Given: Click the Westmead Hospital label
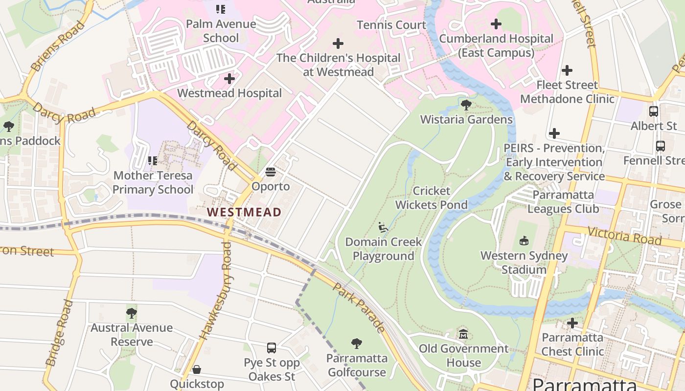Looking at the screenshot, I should tap(229, 93).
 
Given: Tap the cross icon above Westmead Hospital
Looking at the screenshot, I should tap(229, 78).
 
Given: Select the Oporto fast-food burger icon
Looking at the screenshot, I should tap(270, 172).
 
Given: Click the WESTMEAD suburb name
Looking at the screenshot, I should tap(244, 212).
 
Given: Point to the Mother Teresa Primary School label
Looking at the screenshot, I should tap(153, 182).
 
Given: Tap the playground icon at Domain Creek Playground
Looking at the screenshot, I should tap(383, 227).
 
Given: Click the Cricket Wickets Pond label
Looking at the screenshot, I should tap(432, 197).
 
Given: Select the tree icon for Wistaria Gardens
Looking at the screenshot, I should tap(466, 105).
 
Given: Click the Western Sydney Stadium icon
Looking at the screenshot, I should tap(524, 240).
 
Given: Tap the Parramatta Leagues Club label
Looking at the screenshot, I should tap(563, 202).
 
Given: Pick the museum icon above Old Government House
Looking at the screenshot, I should tap(463, 334).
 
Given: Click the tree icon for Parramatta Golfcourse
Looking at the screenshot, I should tap(357, 344).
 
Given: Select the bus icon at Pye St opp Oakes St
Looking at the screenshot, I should tap(272, 348).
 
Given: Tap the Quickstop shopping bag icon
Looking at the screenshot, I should tap(197, 369).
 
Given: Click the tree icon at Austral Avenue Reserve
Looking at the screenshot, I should tap(131, 313).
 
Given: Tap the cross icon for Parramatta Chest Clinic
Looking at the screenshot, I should tap(572, 323).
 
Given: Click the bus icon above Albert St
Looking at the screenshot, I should tap(654, 111).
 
